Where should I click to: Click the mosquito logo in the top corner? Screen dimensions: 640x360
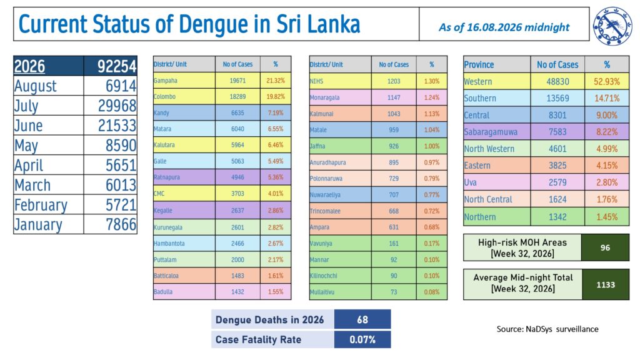pos(612,25)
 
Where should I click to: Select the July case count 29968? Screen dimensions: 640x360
pos(117,106)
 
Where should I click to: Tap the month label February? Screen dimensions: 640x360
pos(41,205)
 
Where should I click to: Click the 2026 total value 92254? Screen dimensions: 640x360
pos(116,66)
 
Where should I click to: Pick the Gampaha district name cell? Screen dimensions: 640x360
pos(165,81)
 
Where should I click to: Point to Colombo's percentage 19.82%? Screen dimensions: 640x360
pos(276,97)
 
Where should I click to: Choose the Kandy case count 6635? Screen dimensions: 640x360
pos(237,112)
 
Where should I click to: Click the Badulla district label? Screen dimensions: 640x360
pos(163,292)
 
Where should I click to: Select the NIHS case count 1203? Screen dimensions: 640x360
pos(394,81)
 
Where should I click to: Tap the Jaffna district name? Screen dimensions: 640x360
pos(317,146)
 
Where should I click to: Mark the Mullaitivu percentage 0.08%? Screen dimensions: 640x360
pos(431,292)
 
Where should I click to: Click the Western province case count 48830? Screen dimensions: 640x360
pos(557,82)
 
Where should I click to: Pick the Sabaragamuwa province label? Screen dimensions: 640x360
pos(491,132)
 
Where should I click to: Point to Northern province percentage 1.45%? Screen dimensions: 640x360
pos(607,217)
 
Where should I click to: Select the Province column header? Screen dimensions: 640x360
pos(479,64)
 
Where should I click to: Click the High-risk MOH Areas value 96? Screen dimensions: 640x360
pos(605,247)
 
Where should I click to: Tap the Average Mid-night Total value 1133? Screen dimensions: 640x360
pos(606,285)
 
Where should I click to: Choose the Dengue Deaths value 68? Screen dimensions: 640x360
pos(362,319)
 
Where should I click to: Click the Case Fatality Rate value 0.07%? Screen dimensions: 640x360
pos(362,339)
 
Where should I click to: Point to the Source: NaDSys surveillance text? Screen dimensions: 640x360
pos(547,329)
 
